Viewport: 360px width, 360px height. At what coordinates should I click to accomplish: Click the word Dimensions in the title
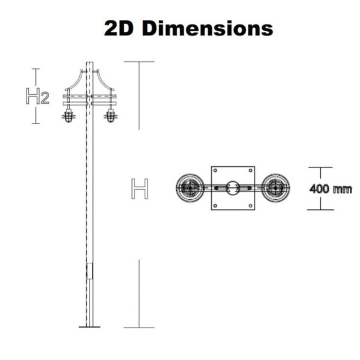[x=208, y=28]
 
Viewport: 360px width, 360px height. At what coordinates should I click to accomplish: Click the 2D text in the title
[x=119, y=28]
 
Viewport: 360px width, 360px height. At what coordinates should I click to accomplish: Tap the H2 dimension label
[x=38, y=96]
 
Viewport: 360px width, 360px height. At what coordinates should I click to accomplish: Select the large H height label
[x=140, y=189]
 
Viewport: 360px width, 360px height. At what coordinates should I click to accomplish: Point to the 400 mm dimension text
[x=331, y=189]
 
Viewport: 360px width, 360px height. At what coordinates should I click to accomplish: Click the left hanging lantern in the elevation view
[x=68, y=116]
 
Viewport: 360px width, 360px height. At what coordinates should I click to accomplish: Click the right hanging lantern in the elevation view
[x=110, y=116]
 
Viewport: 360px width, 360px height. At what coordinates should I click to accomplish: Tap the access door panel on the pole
[x=90, y=271]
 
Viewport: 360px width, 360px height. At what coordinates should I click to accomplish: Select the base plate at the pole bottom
[x=89, y=327]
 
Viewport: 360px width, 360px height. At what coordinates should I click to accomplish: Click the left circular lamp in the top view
[x=190, y=188]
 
